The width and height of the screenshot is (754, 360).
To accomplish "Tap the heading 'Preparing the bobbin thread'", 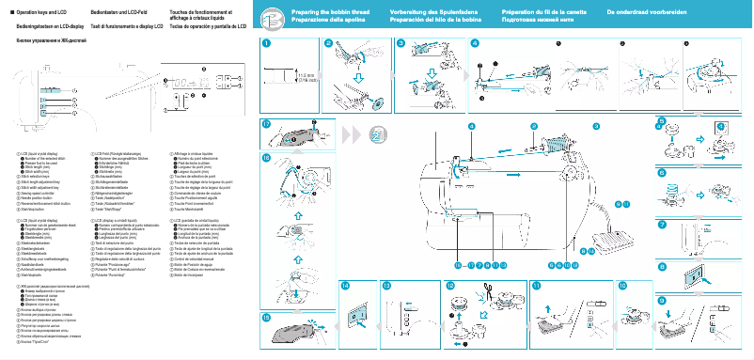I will (327, 11).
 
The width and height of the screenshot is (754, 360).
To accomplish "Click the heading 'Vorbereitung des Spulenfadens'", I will (428, 11).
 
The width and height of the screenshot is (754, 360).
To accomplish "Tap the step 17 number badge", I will (266, 124).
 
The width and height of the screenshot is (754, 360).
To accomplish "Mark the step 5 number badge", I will (661, 122).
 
